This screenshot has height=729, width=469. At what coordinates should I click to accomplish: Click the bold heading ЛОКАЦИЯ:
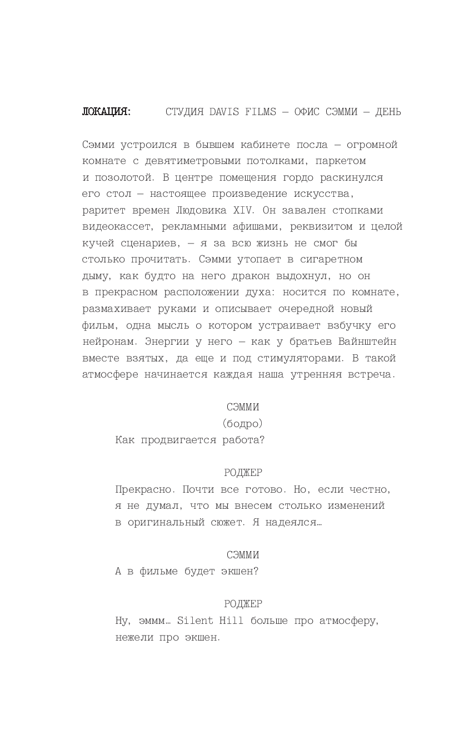(107, 112)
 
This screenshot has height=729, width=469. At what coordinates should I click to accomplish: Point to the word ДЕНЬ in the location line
(388, 112)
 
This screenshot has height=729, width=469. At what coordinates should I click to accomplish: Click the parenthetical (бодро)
(242, 424)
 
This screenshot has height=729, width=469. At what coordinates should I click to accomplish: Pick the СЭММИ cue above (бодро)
(243, 407)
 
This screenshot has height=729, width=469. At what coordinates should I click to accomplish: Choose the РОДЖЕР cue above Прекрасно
(243, 473)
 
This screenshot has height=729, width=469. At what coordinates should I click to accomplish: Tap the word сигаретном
(331, 260)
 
